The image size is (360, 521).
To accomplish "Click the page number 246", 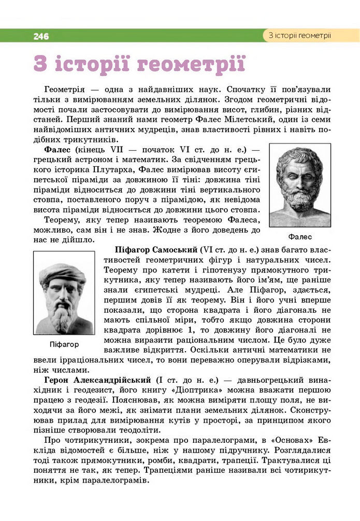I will point(41,36).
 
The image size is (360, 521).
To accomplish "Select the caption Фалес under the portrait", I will point(300,237).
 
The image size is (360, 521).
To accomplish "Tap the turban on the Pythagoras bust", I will point(63,272).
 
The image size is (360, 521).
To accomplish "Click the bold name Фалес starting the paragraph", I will point(58,149).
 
